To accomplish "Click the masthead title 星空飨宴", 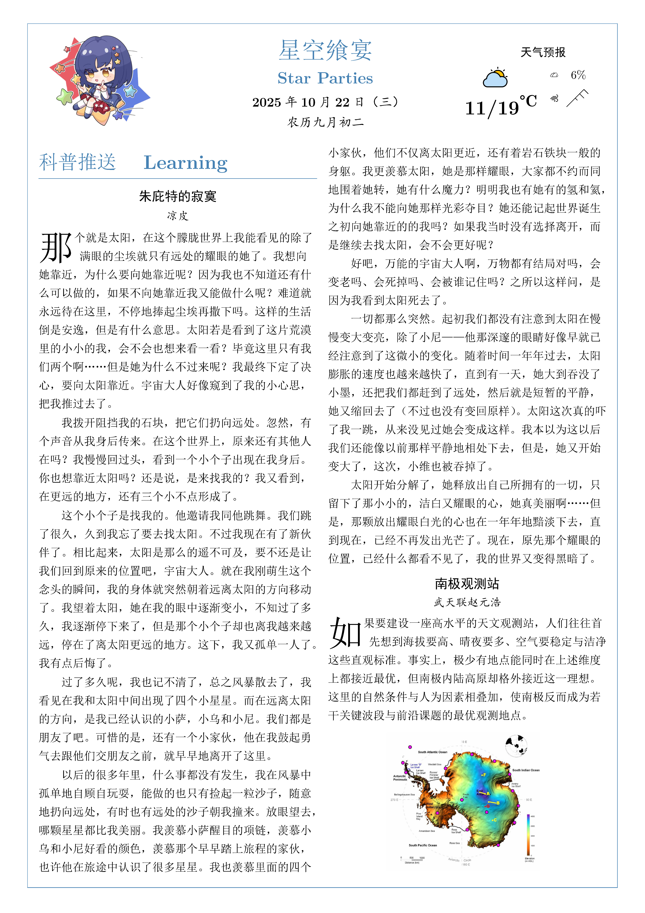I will [x=325, y=51].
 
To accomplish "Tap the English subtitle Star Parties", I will [x=325, y=78].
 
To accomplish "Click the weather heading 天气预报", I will [x=543, y=52].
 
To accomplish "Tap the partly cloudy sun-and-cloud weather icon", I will [x=495, y=78].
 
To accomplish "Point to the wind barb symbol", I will [x=577, y=98].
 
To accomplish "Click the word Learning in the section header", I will [x=186, y=163].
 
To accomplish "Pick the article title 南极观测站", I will [x=467, y=584].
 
